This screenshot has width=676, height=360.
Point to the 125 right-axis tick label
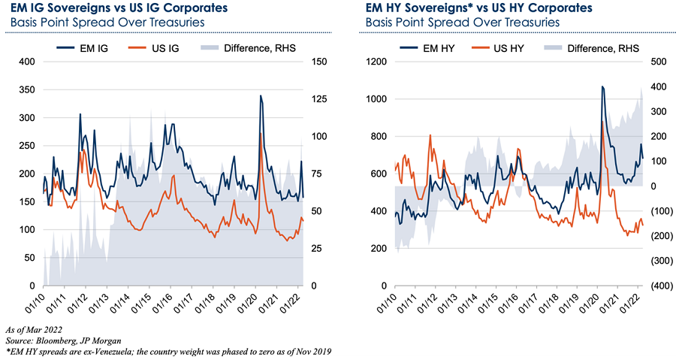click(x=320, y=99)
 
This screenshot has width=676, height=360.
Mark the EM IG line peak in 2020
click(x=260, y=95)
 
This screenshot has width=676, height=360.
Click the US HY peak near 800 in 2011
click(x=430, y=135)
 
